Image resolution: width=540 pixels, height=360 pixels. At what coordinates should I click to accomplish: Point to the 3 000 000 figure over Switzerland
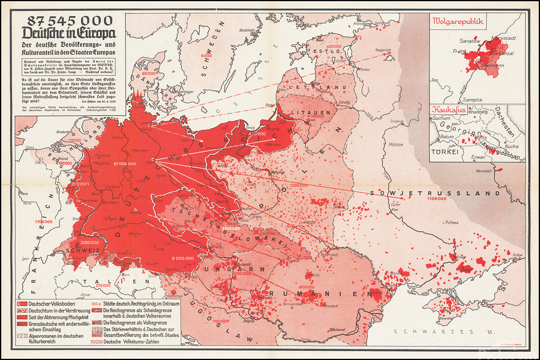point(89,242)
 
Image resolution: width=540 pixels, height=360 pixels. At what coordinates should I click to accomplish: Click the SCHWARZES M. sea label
point(427,331)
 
